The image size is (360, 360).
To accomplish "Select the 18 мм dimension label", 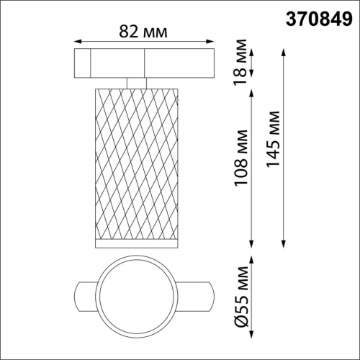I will click(x=244, y=63).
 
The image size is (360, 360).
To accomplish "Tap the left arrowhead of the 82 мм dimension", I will click(x=77, y=42).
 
